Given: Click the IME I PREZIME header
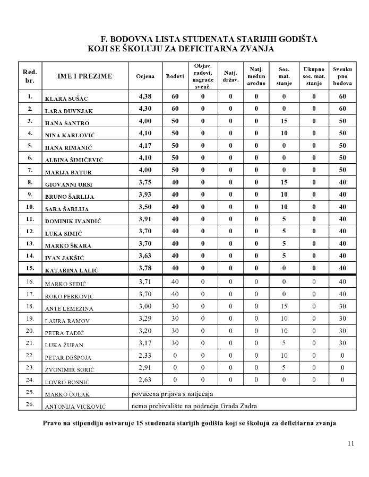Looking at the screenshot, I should click(x=85, y=76).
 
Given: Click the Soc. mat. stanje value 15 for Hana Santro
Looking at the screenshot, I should click(x=284, y=121).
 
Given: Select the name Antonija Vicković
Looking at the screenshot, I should click(x=72, y=407).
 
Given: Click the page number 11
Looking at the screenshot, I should click(x=350, y=443).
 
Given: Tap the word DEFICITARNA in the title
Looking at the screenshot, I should click(x=206, y=49).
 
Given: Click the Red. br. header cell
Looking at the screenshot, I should click(x=30, y=76).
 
